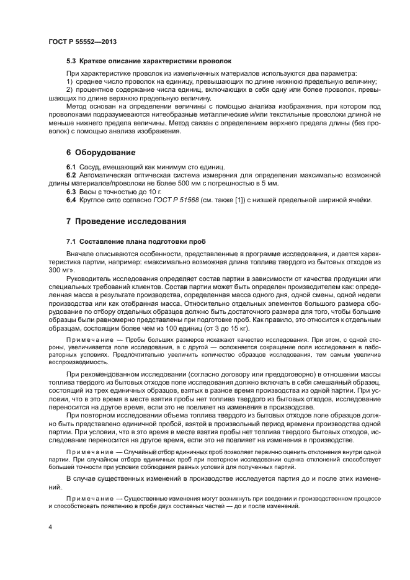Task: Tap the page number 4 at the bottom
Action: tap(50, 527)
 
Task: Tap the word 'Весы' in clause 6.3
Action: tap(87, 192)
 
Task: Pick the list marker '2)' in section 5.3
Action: tap(70, 90)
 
